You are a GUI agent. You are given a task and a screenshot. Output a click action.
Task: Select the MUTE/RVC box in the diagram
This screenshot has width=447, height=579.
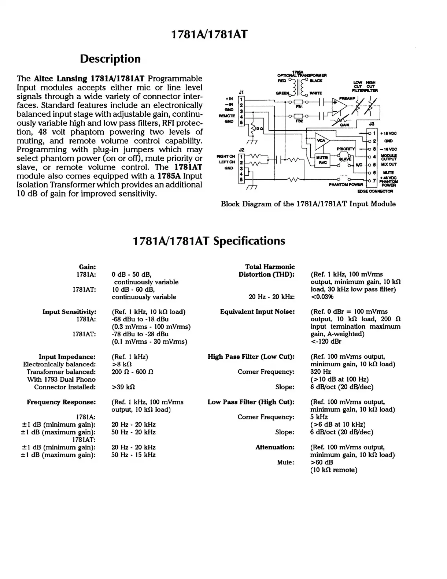[322, 160]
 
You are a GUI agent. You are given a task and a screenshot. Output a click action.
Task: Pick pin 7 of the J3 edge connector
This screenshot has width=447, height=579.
[374, 180]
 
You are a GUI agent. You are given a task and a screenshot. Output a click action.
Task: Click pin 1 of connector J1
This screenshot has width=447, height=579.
[241, 99]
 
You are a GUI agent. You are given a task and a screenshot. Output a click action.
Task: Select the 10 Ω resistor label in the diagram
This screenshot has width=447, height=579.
[259, 128]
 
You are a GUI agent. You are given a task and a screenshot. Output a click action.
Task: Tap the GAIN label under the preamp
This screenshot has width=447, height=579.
[344, 125]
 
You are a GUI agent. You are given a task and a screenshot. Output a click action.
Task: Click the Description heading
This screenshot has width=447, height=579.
[110, 59]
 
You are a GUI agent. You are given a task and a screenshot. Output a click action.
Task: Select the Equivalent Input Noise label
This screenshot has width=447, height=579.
[257, 312]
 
